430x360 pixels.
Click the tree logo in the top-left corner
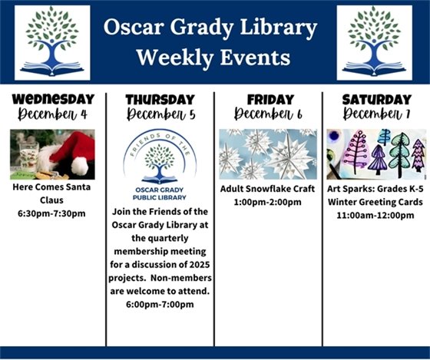pos(52,43)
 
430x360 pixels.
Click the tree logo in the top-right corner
pos(375,43)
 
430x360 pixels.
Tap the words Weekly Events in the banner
pos(213,58)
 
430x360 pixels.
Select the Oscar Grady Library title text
pos(213,28)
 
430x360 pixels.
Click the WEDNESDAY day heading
pos(52,99)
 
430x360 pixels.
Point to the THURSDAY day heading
pos(160,100)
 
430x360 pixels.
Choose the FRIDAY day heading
pos(267,99)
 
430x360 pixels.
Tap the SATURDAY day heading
pos(376,99)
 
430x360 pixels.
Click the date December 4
pos(52,114)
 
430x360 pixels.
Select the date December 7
pos(376,114)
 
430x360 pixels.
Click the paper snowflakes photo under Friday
pos(267,154)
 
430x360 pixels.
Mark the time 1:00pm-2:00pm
pos(267,202)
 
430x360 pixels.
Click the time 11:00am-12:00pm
pos(375,215)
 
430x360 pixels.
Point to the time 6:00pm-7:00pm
pos(160,304)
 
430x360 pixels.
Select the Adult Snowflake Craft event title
pos(267,189)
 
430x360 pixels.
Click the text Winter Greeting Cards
pos(375,202)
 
